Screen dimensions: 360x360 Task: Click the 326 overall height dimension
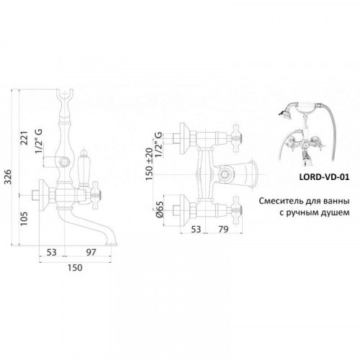[x=9, y=176]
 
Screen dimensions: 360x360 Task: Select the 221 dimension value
[x=24, y=138]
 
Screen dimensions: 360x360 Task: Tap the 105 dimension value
[x=24, y=218]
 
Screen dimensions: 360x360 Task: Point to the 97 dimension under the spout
[x=91, y=252]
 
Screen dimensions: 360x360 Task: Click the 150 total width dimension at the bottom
[x=75, y=268]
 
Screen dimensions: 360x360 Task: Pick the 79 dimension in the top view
[x=223, y=230]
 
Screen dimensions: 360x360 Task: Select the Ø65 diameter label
[x=160, y=210]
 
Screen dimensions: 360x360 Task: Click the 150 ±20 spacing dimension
[x=149, y=164]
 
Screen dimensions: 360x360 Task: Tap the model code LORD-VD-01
[x=324, y=177]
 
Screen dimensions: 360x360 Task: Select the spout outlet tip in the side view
[x=112, y=244]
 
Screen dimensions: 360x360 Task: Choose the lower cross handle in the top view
[x=238, y=211]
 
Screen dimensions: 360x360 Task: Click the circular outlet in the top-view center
[x=225, y=174]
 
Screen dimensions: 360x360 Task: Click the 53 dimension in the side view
[x=51, y=252]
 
